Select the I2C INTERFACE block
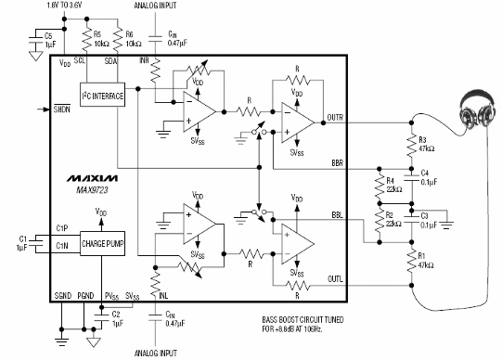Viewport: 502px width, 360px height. (x=102, y=96)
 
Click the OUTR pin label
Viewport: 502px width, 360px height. (x=335, y=117)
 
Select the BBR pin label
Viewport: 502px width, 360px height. (x=337, y=163)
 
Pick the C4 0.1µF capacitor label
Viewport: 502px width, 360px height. (x=430, y=177)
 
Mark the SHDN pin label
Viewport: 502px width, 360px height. (x=63, y=109)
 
